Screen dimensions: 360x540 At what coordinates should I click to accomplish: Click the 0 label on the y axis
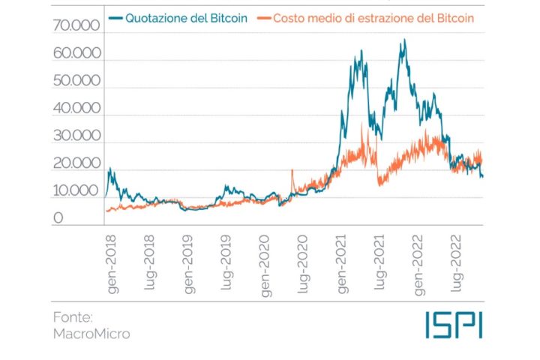[57, 218]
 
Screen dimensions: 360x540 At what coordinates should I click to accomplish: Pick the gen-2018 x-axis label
[109, 262]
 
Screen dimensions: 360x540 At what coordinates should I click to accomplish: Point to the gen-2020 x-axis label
[265, 262]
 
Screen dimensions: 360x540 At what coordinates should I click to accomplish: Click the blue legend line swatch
[116, 15]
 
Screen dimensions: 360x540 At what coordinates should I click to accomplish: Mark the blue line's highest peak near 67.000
[404, 40]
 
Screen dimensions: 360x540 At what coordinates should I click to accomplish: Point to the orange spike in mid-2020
[292, 171]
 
